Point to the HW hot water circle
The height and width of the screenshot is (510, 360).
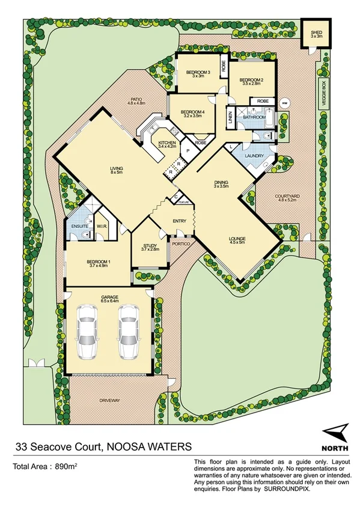[x=284, y=102]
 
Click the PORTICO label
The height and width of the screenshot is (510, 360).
[x=180, y=244]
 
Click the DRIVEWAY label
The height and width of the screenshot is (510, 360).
[x=110, y=400]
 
